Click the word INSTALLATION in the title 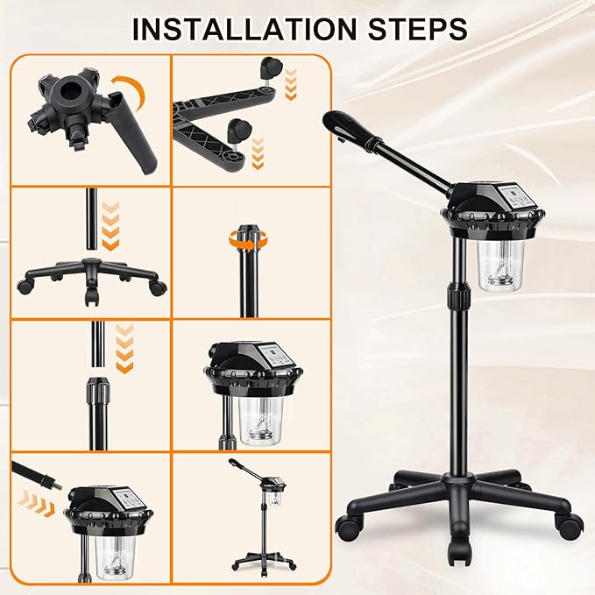click(244, 29)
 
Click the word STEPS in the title click(417, 29)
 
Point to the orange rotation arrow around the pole click(248, 240)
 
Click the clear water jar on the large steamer click(500, 266)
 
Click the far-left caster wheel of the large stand click(348, 527)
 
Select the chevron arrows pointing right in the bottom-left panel click(35, 503)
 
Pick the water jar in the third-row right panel click(261, 421)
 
